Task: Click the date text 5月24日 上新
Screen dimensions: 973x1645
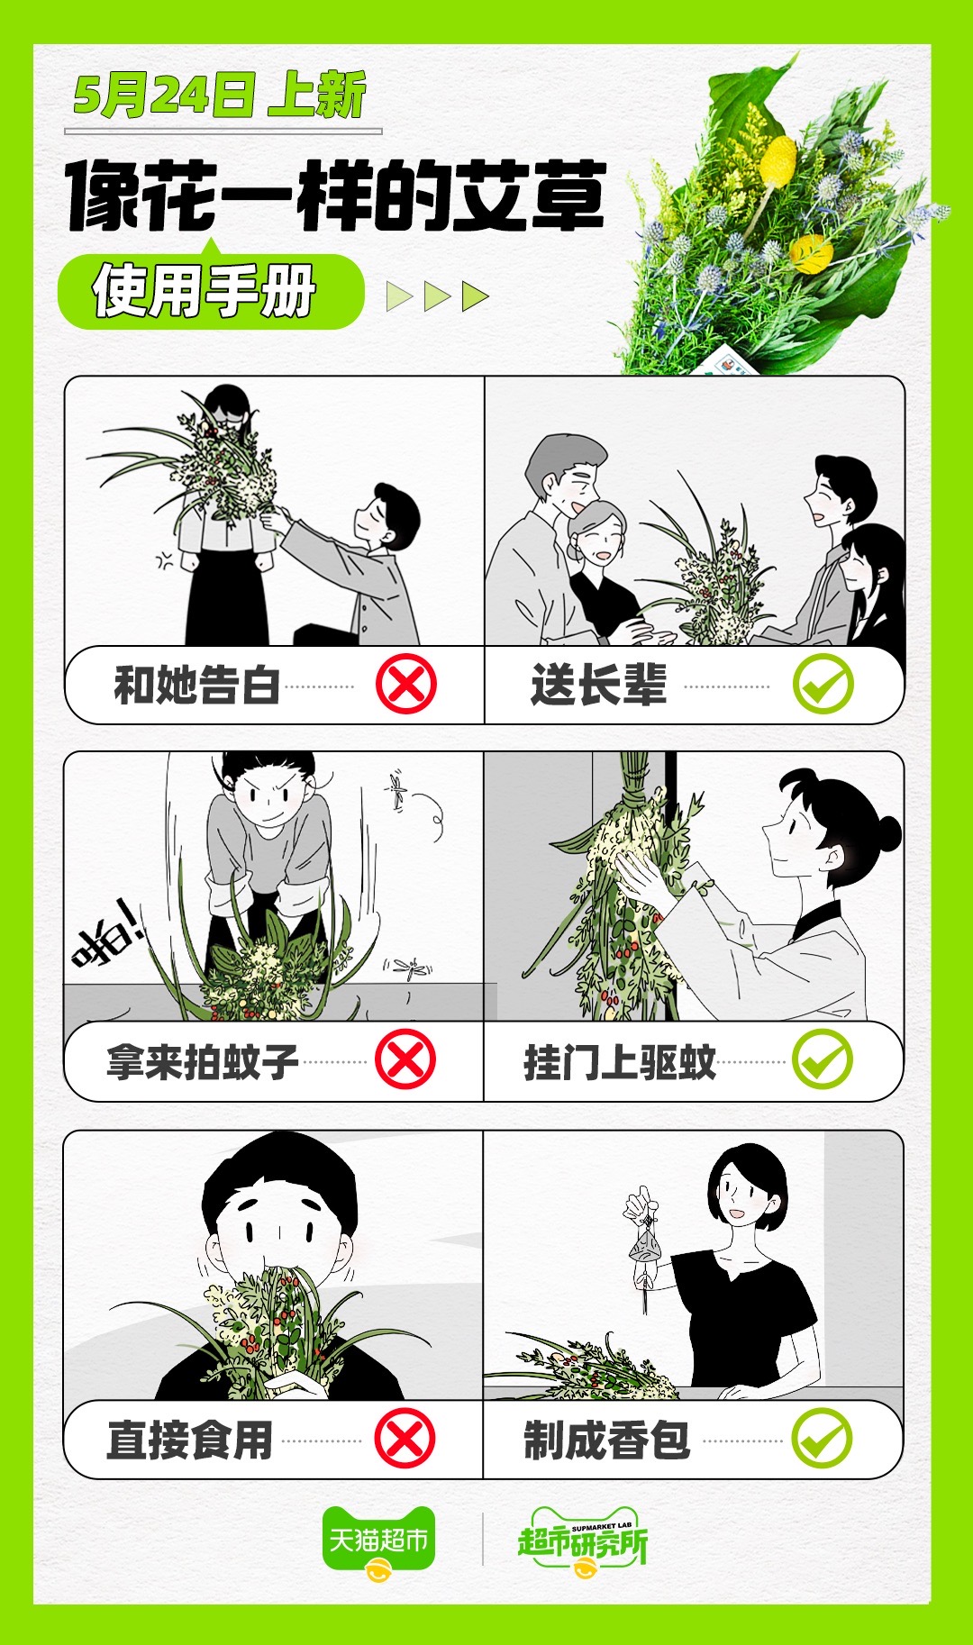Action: [x=220, y=95]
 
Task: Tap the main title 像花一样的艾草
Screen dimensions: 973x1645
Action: [x=335, y=195]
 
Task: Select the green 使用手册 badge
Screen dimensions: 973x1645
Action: [x=211, y=292]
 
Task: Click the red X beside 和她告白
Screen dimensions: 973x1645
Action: [x=406, y=684]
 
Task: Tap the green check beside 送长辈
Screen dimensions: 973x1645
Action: [x=823, y=684]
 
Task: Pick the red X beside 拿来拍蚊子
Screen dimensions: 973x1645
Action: [x=405, y=1059]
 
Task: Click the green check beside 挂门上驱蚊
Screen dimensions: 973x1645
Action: [x=822, y=1059]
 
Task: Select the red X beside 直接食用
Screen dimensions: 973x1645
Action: [x=405, y=1439]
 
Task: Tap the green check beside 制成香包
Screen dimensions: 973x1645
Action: [x=822, y=1439]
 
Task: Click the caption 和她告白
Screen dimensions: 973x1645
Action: [x=197, y=685]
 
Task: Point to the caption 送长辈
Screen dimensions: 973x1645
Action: [x=599, y=685]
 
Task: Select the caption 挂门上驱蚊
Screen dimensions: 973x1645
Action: [x=620, y=1061]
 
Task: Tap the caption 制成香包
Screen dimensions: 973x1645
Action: [x=607, y=1440]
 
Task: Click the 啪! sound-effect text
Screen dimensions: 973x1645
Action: [x=107, y=939]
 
